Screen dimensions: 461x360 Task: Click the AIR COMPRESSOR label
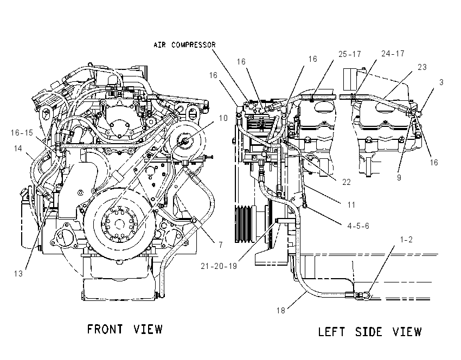pos(184,45)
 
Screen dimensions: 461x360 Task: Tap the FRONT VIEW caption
pos(125,329)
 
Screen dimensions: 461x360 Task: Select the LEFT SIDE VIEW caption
pos(370,332)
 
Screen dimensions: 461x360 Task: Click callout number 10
pos(223,118)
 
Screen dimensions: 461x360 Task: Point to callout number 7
pos(221,245)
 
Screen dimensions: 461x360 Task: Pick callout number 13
pos(18,274)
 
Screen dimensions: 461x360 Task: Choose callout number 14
pos(18,149)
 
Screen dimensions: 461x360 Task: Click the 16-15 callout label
pos(22,133)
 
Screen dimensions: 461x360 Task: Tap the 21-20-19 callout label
pos(219,266)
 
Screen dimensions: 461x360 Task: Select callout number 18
pos(281,310)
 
